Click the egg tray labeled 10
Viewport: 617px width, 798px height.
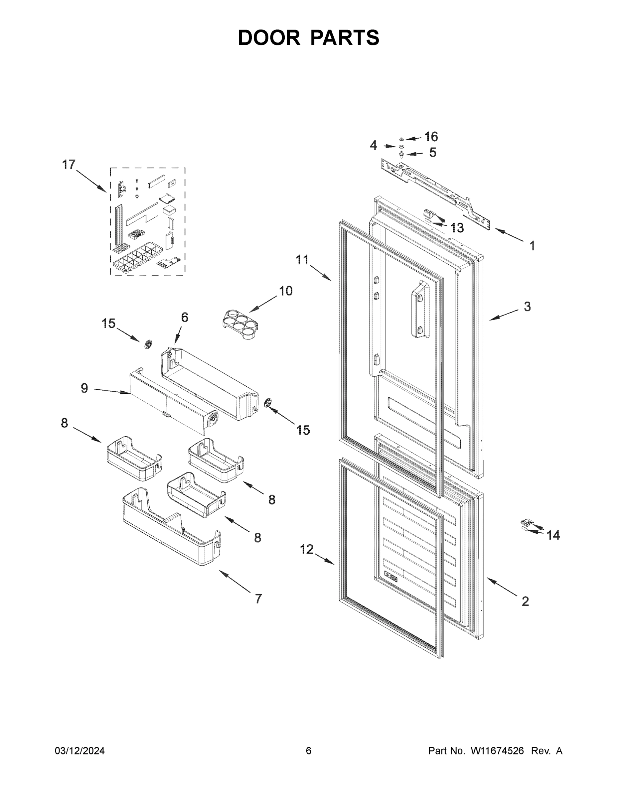click(240, 324)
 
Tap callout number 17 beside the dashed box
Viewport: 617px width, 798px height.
click(69, 165)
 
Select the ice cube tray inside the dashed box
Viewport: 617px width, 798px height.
click(137, 257)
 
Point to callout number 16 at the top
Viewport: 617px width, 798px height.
click(431, 137)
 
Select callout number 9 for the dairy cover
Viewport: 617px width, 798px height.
click(84, 388)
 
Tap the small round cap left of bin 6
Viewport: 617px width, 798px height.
click(148, 344)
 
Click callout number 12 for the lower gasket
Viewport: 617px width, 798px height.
click(307, 549)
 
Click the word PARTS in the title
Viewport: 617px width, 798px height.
click(345, 38)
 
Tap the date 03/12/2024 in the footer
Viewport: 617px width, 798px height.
click(80, 751)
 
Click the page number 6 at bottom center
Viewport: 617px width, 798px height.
click(309, 751)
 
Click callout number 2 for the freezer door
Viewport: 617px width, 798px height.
click(525, 601)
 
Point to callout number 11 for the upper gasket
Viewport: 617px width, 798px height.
click(302, 260)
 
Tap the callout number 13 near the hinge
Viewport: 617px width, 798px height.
click(457, 228)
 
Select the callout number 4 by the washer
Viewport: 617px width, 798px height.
click(373, 145)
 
